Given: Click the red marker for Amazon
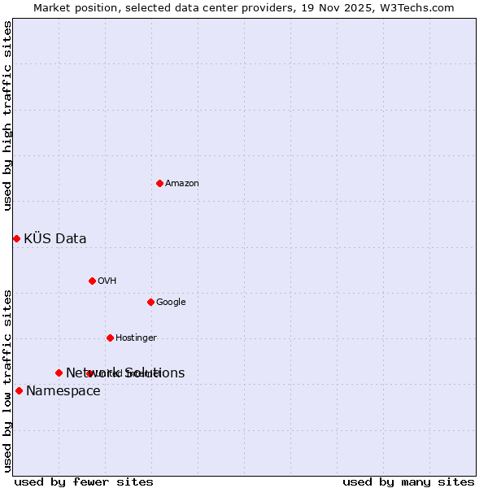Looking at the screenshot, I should tap(159, 183).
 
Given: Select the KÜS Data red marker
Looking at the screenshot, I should tap(16, 238).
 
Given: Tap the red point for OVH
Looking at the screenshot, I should tap(92, 281).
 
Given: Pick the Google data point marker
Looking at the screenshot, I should tap(150, 302).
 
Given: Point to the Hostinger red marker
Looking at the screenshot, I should tap(110, 338).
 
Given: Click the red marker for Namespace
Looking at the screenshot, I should tap(19, 390).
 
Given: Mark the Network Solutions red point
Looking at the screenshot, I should tap(59, 373).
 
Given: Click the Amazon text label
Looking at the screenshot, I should tap(182, 184).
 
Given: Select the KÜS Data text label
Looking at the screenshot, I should tap(55, 239).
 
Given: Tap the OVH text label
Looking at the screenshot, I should tap(107, 281).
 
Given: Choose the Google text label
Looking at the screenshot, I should tap(171, 303).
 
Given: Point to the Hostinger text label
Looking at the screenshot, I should tap(136, 338).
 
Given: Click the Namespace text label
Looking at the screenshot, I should tap(63, 391).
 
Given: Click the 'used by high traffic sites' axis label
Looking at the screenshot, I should tap(7, 115).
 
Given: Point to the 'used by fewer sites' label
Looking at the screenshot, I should tap(84, 482).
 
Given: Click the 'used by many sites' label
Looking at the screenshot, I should tap(408, 482).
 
